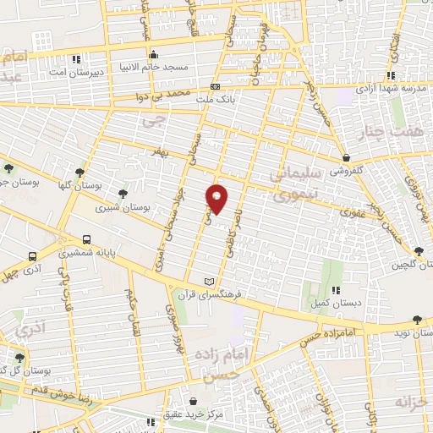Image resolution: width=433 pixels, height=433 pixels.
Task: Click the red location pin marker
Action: (217, 199)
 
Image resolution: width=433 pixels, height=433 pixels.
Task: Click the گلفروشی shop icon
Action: (347, 156)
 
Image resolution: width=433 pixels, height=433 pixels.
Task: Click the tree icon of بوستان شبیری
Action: (123, 193)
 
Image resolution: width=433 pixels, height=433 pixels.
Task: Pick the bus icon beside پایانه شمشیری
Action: (32, 256)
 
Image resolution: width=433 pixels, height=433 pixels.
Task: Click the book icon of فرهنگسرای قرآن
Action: (211, 281)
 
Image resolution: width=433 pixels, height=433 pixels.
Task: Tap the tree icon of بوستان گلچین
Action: (419, 249)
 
